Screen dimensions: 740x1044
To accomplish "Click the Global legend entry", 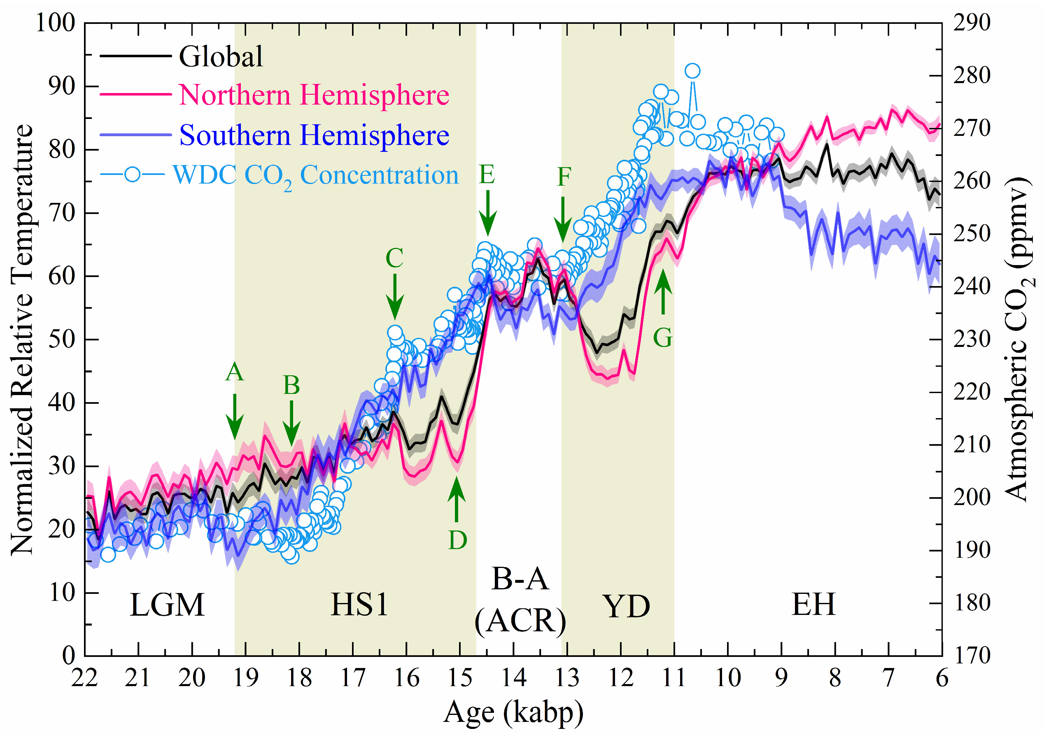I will click(x=221, y=56).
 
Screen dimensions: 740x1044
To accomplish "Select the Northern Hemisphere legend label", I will click(x=314, y=95).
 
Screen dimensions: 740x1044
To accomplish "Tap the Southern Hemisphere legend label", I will click(x=314, y=135).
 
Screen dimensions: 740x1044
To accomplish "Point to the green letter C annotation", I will click(x=394, y=258).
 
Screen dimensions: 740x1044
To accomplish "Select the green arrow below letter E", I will click(x=487, y=213).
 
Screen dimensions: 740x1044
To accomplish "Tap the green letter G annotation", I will click(x=662, y=338).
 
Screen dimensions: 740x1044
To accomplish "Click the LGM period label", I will click(x=167, y=605).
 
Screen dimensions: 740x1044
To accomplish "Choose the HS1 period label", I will click(x=359, y=605).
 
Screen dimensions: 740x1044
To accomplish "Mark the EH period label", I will click(x=813, y=605).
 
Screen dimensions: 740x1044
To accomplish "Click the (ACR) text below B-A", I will click(x=520, y=621).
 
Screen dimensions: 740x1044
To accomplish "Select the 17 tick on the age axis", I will click(x=353, y=679).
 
